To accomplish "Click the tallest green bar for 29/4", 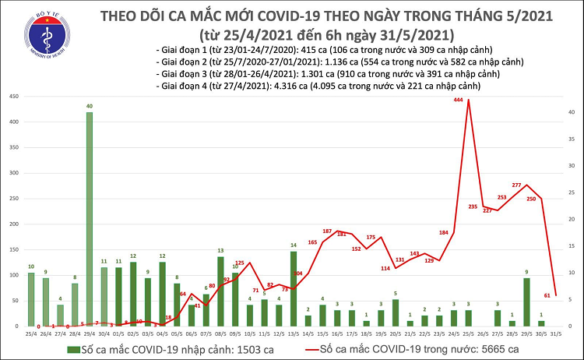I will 90,218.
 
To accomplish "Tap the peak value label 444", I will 459,101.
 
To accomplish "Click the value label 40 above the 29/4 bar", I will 90,106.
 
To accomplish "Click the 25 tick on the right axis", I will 570,192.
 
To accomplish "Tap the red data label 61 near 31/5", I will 547,295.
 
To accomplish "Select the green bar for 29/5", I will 527,301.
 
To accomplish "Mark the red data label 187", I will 327,231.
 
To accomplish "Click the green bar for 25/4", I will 31,298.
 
